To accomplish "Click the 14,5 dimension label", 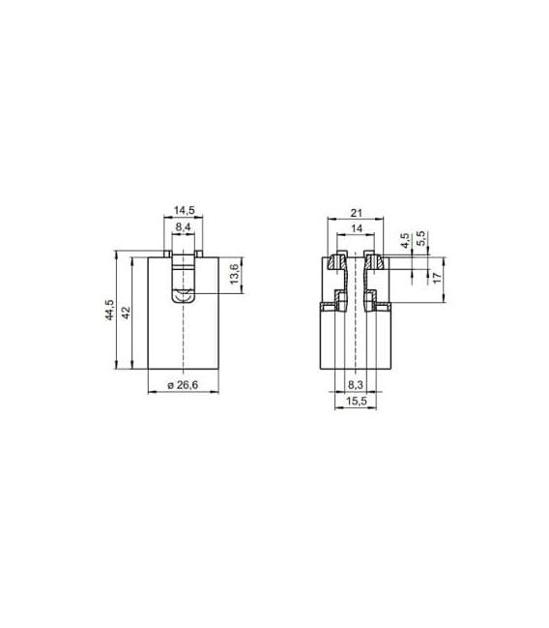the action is coord(184,210).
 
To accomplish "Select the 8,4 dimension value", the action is coord(184,227).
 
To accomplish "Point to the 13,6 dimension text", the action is coord(235,274).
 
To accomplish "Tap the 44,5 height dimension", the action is coord(109,310).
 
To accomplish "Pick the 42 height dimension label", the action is coord(126,313).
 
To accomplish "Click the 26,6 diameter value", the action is coord(188,385).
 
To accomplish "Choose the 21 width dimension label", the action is coord(356,213).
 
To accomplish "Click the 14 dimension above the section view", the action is coord(356,228).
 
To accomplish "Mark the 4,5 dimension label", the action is coord(405,241).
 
